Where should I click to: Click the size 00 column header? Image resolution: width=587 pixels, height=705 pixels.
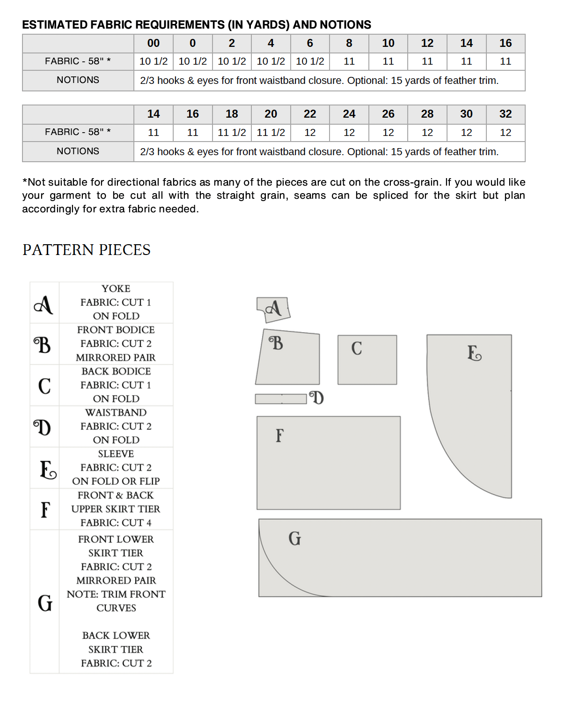[154, 43]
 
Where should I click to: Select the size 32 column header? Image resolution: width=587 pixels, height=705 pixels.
[506, 114]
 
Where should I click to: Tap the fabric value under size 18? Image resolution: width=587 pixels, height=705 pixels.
[232, 133]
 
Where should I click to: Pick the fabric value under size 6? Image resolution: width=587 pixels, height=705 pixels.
[310, 61]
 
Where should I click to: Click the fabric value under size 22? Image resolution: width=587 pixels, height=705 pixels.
[310, 133]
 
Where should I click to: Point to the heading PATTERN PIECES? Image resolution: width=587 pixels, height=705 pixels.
[87, 250]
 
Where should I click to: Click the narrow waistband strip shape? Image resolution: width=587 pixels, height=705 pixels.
[281, 399]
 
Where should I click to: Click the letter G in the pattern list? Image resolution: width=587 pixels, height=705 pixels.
[45, 603]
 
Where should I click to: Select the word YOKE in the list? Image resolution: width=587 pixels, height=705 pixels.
[116, 289]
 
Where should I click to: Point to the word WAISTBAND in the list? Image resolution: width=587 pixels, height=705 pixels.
[116, 412]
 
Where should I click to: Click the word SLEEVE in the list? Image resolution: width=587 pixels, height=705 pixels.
[116, 454]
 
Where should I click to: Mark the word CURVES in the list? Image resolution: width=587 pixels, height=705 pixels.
[116, 608]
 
